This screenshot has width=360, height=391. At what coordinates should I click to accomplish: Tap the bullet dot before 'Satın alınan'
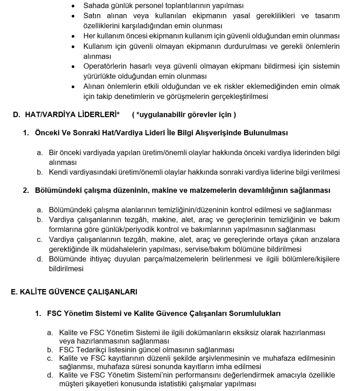click(73, 16)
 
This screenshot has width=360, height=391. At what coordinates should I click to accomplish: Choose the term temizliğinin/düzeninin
click(202, 210)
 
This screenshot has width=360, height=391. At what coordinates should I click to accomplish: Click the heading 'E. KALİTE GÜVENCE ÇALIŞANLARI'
click(71, 293)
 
